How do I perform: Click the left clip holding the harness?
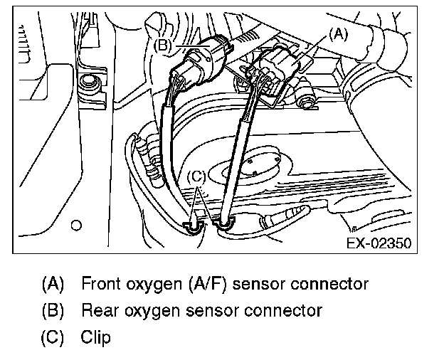pos(192,226)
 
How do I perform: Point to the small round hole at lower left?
pos(76,226)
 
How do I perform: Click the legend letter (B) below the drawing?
pos(53,310)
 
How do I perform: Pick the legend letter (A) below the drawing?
pos(53,285)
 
